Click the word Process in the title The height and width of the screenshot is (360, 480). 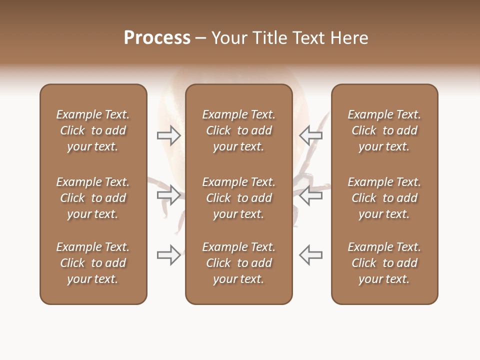[157, 38]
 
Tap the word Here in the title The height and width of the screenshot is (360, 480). [349, 38]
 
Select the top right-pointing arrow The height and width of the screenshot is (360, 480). [168, 135]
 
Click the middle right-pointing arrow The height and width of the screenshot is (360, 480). [168, 195]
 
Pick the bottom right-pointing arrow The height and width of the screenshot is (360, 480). [168, 255]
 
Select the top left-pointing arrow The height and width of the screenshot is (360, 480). [311, 135]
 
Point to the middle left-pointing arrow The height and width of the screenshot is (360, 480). [311, 195]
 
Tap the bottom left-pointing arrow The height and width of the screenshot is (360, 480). [311, 255]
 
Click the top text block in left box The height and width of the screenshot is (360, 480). [93, 130]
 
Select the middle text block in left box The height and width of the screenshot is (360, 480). [93, 198]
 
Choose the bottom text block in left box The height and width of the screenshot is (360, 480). [93, 263]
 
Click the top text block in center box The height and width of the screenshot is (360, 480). [238, 130]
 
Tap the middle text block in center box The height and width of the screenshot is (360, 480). [238, 198]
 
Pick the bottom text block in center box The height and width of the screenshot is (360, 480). [238, 263]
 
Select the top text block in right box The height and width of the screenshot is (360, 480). [384, 130]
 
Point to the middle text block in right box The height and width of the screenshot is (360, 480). [384, 198]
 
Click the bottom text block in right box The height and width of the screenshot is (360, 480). [384, 263]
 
